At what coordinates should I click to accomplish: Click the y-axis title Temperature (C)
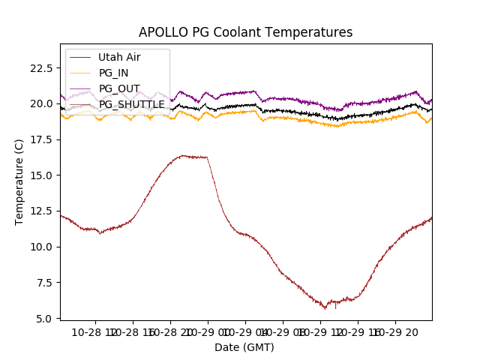[19, 181]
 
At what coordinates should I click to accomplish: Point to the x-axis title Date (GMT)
[244, 347]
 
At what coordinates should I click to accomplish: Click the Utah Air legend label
[119, 57]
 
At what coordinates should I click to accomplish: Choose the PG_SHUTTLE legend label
[132, 104]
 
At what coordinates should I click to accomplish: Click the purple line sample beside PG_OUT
[81, 88]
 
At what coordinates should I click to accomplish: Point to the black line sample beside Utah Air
[81, 57]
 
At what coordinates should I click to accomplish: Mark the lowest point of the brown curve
[325, 308]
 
